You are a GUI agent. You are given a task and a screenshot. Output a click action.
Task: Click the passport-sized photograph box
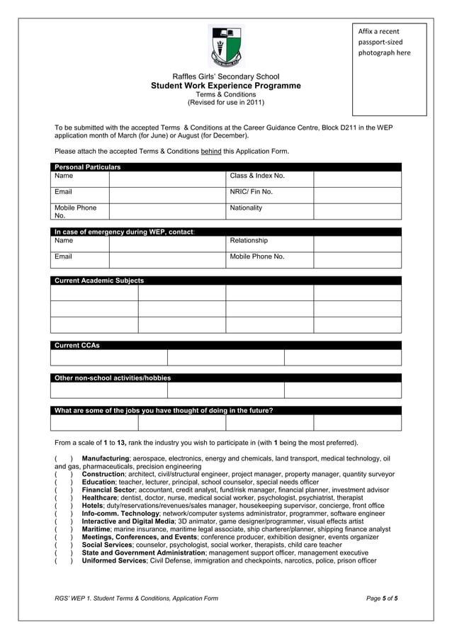[x=389, y=69]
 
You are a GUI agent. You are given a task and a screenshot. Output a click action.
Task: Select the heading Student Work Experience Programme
[x=225, y=86]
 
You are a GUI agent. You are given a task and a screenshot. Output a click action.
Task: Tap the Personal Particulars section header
[x=88, y=167]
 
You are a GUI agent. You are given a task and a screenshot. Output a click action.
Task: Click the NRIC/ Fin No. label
[x=251, y=191]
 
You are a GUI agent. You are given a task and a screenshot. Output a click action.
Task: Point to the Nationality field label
[x=246, y=208]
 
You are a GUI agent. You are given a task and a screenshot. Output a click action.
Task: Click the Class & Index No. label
[x=257, y=175]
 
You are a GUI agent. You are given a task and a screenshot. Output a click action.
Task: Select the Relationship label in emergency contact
[x=249, y=240]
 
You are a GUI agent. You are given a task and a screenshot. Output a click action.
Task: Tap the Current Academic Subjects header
[x=99, y=281]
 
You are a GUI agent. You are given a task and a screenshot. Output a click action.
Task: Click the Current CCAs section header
[x=77, y=346]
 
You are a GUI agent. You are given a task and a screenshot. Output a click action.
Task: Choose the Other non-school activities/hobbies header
[x=113, y=378]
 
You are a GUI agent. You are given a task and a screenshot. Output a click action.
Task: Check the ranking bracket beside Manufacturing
[x=63, y=458]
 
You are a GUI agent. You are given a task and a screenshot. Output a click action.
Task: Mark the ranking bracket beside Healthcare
[x=63, y=498]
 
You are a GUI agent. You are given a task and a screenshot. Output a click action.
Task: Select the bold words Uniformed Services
[x=114, y=560]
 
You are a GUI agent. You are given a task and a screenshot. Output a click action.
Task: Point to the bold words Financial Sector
[x=108, y=490]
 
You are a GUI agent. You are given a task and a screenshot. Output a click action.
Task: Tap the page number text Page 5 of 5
[x=382, y=599]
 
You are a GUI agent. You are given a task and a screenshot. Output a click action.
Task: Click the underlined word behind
[x=211, y=151]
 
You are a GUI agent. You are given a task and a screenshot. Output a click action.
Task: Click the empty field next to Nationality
[x=357, y=211]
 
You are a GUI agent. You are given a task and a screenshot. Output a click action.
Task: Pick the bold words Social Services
[x=107, y=545]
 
